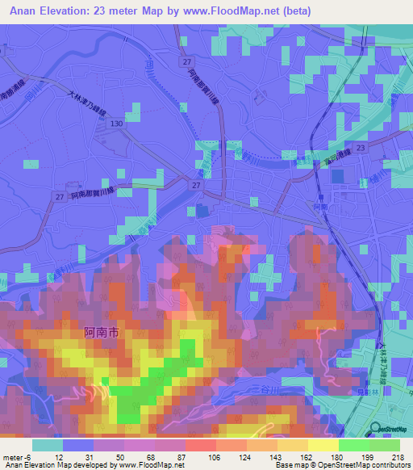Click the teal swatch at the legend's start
click(x=48, y=445)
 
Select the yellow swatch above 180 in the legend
click(x=323, y=445)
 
